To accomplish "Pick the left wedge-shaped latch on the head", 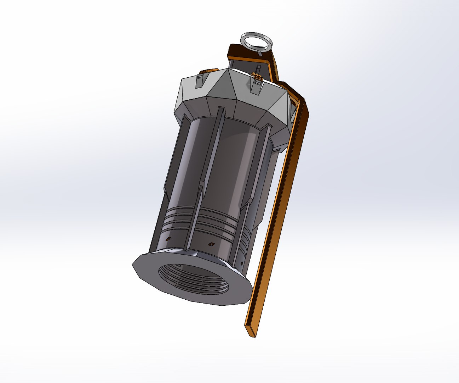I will click(200, 80).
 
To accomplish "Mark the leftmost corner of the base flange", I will click(133, 265).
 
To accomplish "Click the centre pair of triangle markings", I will click(211, 244).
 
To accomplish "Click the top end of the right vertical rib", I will click(268, 127).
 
